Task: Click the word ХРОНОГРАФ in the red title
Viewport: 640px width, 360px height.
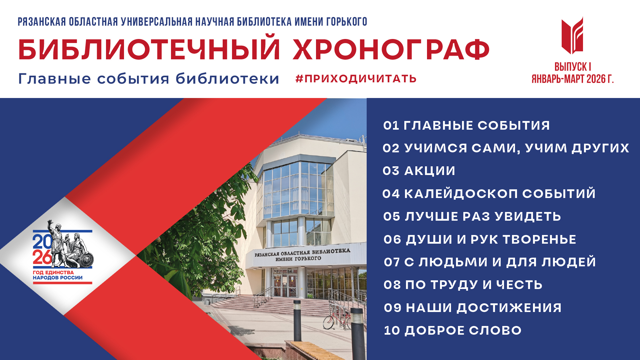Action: (x=391, y=50)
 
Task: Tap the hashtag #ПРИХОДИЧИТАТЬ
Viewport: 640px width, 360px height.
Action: (x=356, y=79)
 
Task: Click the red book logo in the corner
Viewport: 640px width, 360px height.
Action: (x=572, y=35)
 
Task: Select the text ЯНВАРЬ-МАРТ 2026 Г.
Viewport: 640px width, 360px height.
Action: (x=572, y=79)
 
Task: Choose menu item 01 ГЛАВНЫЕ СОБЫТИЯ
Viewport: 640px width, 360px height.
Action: (x=466, y=126)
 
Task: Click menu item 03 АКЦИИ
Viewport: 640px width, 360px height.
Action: (x=419, y=171)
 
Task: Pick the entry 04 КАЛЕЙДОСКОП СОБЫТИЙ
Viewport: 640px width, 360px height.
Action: (x=489, y=194)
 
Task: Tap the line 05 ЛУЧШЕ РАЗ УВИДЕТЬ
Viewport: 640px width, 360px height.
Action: (x=472, y=217)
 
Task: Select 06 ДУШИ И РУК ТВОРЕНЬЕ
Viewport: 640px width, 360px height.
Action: (x=480, y=240)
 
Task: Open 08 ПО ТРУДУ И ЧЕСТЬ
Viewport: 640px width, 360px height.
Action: (x=463, y=285)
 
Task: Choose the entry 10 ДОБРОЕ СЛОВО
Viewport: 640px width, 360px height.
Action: (x=453, y=331)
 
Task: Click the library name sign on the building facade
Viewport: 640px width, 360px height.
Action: (x=302, y=255)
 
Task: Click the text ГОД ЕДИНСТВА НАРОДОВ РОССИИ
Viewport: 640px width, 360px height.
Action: (x=58, y=275)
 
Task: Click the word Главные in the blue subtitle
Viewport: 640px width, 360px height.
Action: (x=55, y=79)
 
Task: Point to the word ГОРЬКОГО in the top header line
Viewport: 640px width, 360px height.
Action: (x=347, y=22)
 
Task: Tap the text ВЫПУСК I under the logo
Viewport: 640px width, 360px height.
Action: (x=573, y=67)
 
